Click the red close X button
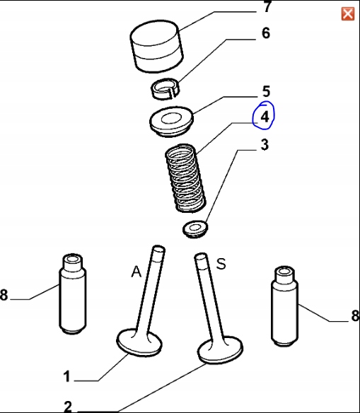[347, 13]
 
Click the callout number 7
[267, 7]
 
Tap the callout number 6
[266, 33]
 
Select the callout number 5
[266, 91]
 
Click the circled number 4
[265, 117]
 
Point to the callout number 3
[265, 145]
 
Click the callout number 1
[67, 376]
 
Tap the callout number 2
[68, 407]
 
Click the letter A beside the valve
[137, 272]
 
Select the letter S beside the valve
[221, 264]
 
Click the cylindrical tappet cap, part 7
[157, 46]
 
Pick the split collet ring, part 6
[166, 89]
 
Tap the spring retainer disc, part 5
[171, 122]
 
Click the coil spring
[185, 178]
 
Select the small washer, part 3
[195, 229]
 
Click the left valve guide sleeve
[72, 294]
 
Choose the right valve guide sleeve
[285, 306]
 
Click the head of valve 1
[139, 342]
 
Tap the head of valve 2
[220, 350]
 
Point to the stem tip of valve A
[159, 249]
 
